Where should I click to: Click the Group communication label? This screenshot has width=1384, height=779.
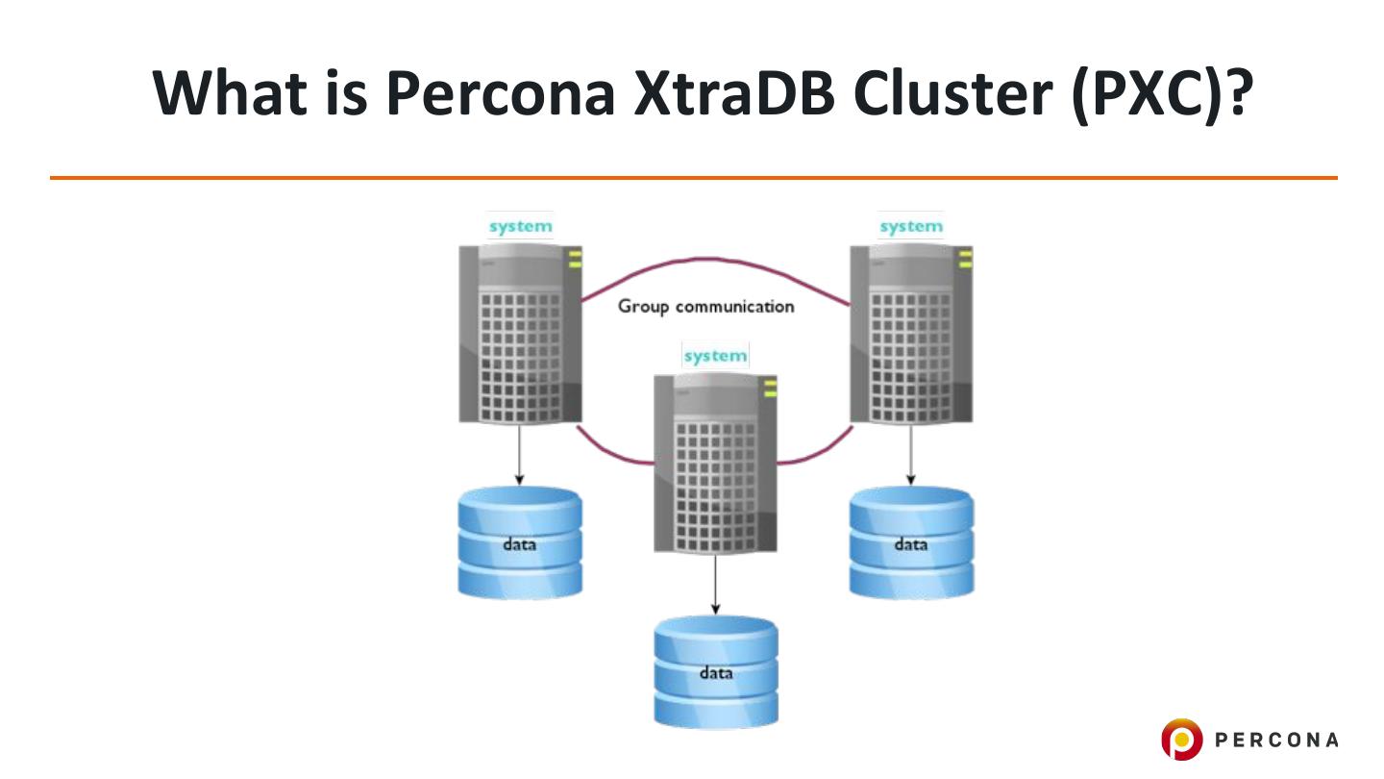pos(705,307)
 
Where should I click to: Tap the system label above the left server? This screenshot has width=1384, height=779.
pos(520,227)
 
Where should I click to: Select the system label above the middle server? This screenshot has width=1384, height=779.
pos(715,356)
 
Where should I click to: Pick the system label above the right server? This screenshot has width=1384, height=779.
pos(910,227)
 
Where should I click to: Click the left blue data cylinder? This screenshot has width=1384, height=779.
pos(520,543)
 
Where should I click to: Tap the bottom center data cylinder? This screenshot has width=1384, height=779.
pos(715,672)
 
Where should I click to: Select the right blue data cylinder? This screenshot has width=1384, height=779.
pos(911,543)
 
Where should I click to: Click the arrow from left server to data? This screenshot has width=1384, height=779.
pos(520,454)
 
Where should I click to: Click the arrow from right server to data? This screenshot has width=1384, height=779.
pos(910,454)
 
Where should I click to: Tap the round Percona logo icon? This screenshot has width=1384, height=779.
pos(1181,740)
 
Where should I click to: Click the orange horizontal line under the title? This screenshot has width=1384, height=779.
pos(693,178)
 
